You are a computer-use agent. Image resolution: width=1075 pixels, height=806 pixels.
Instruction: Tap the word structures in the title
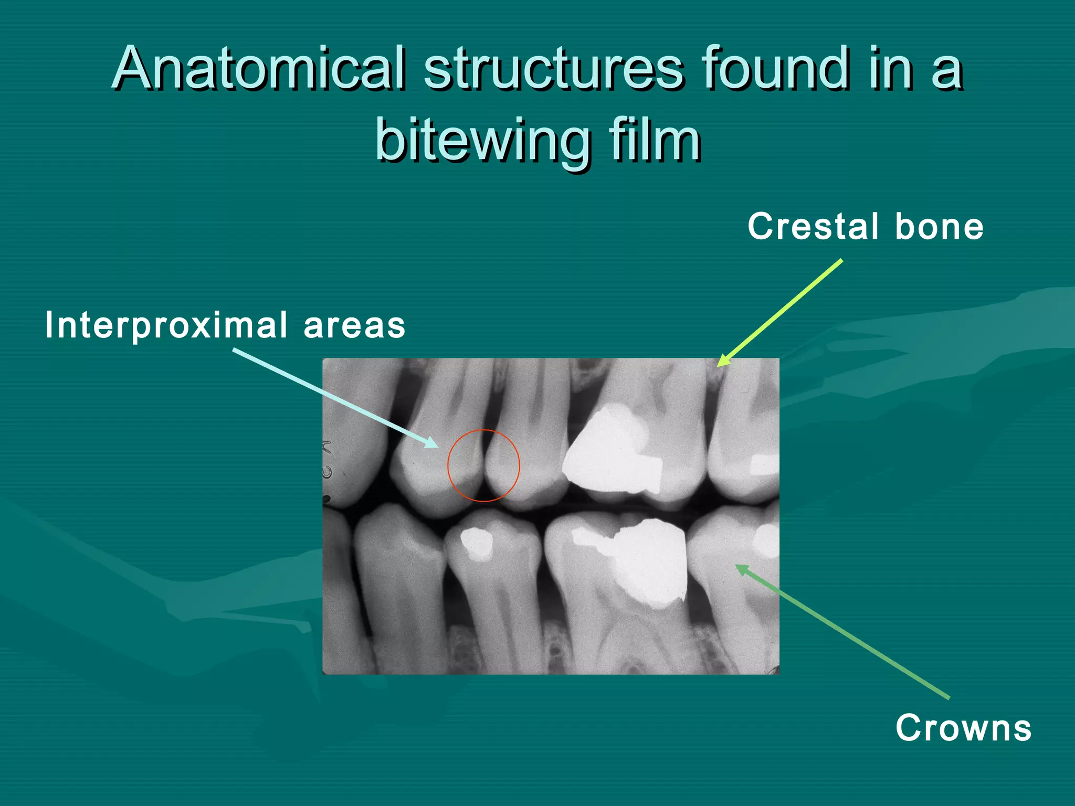(554, 68)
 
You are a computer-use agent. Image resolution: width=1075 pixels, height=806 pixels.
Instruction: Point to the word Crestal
(813, 227)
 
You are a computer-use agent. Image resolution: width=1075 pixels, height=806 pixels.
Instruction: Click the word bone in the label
(939, 227)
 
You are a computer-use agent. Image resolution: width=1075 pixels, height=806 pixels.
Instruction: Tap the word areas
(354, 325)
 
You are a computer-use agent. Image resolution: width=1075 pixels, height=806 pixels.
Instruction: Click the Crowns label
(963, 728)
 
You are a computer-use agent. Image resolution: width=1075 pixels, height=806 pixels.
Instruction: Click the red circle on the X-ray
(483, 430)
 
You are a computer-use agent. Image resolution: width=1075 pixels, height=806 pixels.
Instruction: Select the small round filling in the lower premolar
(477, 543)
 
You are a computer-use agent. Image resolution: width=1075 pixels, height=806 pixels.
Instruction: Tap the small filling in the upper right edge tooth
(764, 464)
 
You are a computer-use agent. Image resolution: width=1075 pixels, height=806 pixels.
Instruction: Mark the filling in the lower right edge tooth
(767, 540)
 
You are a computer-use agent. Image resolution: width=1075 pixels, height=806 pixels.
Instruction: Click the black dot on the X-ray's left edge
(326, 498)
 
